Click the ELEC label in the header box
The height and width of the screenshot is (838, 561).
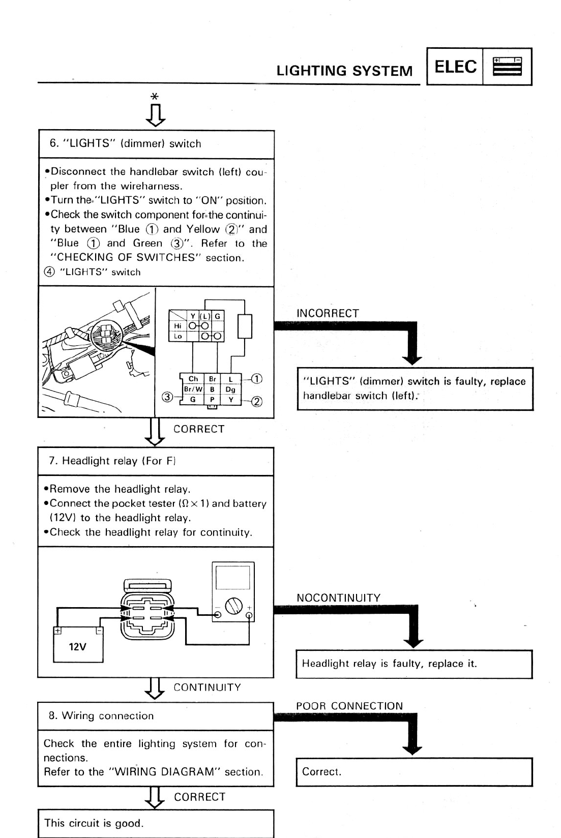(x=456, y=67)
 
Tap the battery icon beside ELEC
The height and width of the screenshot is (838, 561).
(x=507, y=67)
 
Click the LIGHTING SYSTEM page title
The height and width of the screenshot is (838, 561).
(x=344, y=71)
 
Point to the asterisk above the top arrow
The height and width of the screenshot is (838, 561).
(x=155, y=96)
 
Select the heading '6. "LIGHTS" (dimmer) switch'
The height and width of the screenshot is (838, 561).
(x=125, y=144)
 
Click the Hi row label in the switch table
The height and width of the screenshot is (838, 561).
(x=178, y=325)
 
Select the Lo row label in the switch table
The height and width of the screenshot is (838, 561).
(x=178, y=336)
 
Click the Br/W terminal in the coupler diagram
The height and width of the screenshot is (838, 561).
(x=193, y=389)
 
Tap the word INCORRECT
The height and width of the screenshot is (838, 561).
(x=328, y=313)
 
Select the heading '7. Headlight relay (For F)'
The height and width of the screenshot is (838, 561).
(x=112, y=461)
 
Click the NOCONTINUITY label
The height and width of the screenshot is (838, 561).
(x=338, y=598)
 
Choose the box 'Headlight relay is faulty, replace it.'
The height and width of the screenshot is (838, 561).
(x=414, y=664)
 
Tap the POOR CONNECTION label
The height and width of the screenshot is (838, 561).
(x=349, y=706)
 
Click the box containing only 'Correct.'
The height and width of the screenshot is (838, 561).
(x=414, y=772)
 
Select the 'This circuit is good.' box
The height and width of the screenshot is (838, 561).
(x=155, y=823)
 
